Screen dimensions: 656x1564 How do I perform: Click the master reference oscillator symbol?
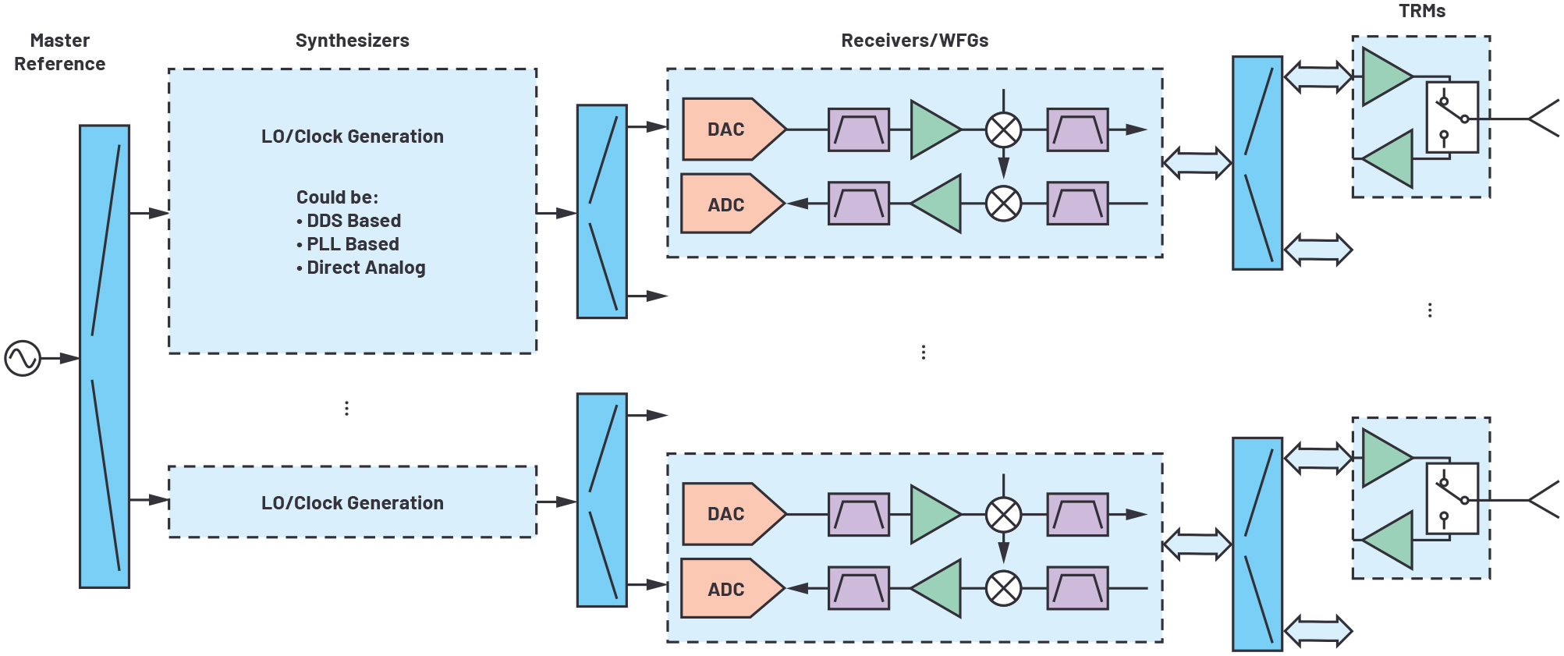click(x=23, y=358)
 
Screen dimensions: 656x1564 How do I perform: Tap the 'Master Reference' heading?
click(x=60, y=52)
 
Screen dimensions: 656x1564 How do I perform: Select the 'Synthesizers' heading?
click(x=352, y=41)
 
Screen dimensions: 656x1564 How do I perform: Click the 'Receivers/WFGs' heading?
click(x=914, y=41)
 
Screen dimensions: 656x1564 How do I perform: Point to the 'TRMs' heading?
click(x=1421, y=11)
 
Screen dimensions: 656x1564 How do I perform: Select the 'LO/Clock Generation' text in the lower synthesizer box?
click(x=352, y=503)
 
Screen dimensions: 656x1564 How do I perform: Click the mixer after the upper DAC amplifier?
click(x=1003, y=129)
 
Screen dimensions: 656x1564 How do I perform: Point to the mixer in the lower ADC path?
click(x=1003, y=589)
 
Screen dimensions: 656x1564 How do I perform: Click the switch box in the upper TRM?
click(x=1452, y=117)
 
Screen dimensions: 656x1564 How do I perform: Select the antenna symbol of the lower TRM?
click(x=1544, y=500)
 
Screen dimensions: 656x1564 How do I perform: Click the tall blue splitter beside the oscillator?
click(x=105, y=356)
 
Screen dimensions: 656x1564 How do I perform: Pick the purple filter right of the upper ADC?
click(x=858, y=204)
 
